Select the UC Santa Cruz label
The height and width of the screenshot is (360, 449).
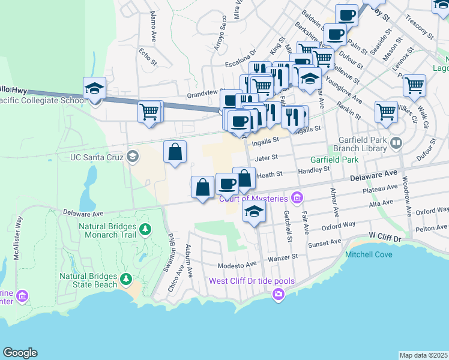(97, 158)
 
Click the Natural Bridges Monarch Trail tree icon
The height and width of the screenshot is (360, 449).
(145, 230)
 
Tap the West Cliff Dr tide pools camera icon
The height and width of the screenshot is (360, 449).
(278, 293)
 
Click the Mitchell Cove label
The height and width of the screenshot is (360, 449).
(369, 254)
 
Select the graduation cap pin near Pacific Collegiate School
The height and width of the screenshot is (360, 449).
(95, 89)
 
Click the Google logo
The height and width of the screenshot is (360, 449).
(20, 353)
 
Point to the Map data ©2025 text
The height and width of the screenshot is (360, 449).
(423, 355)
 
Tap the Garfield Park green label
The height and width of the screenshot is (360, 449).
(334, 160)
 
